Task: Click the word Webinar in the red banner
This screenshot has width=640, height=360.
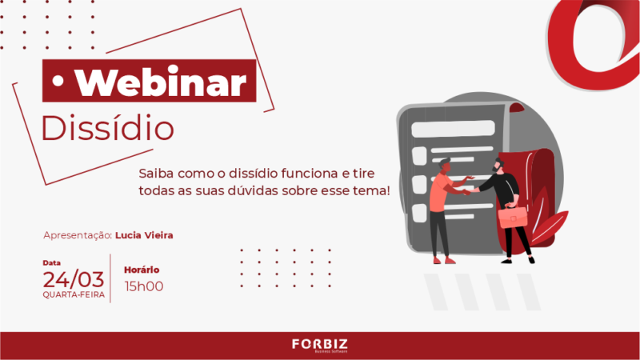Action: (162, 82)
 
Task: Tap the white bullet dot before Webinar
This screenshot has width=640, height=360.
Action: (58, 81)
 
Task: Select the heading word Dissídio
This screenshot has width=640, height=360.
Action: (108, 127)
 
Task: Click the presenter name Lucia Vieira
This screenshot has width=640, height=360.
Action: (144, 235)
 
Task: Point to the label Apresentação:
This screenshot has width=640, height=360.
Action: (78, 235)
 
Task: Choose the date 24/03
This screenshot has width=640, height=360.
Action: (74, 279)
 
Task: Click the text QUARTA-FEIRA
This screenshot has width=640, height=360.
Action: (74, 294)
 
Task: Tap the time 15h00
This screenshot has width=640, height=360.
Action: (144, 286)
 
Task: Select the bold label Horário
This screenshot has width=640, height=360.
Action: (142, 270)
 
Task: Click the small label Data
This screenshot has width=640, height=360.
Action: (51, 263)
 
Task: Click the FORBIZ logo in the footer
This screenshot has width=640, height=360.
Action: (320, 345)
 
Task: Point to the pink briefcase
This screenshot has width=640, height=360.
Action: (513, 216)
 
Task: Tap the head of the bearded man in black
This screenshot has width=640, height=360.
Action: (498, 165)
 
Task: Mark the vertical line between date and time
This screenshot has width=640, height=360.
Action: (110, 278)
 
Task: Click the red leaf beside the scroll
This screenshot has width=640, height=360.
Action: (549, 226)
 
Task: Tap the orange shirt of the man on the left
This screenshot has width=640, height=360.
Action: (438, 193)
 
